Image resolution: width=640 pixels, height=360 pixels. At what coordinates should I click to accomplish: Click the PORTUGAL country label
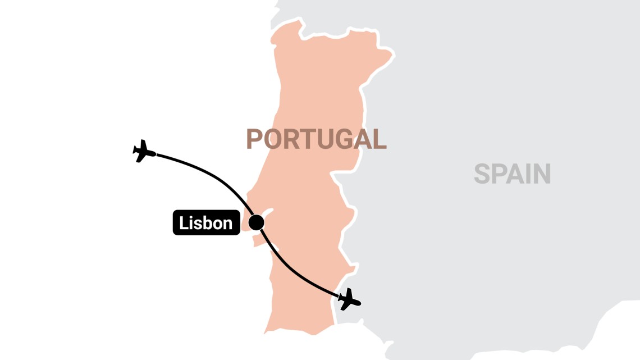tap(316, 139)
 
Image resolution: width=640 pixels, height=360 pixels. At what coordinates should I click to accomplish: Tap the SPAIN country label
tap(512, 174)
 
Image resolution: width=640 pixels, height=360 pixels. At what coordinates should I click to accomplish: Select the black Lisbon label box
tap(206, 223)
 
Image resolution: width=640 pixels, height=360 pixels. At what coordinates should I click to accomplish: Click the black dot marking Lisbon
tap(257, 222)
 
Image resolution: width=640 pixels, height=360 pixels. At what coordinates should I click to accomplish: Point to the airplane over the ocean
tap(144, 151)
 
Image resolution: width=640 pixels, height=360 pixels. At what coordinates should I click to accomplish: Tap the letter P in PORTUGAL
tap(255, 139)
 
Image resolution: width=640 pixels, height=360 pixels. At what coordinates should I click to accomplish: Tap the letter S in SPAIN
tap(482, 174)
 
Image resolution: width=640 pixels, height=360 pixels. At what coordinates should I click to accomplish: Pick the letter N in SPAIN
tap(541, 174)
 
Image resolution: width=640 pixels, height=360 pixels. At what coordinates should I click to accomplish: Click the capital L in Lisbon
tap(183, 224)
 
